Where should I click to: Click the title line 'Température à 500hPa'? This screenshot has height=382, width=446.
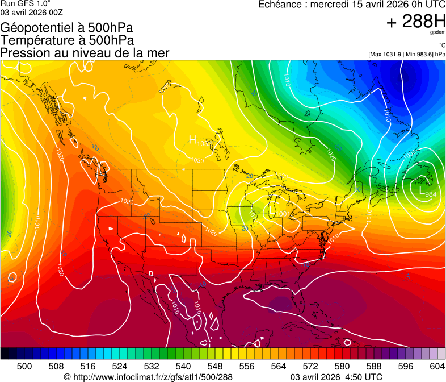[x=67, y=40]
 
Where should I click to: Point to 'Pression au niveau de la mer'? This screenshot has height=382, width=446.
[x=85, y=53]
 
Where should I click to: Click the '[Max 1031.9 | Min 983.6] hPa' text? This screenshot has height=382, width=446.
[x=406, y=54]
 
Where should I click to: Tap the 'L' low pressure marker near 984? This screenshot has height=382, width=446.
[x=422, y=193]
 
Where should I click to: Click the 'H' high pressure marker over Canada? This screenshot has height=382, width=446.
[x=192, y=139]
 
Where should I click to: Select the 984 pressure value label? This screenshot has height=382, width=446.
[x=431, y=194]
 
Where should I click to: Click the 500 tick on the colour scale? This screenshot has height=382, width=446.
[x=24, y=366]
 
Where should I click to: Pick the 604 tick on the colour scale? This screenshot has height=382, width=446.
[x=437, y=366]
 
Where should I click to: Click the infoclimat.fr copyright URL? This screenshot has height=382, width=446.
[x=148, y=377]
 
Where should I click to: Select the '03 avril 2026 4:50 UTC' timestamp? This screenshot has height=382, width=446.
[x=336, y=377]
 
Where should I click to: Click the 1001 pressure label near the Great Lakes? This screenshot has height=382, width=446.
[x=282, y=214]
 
